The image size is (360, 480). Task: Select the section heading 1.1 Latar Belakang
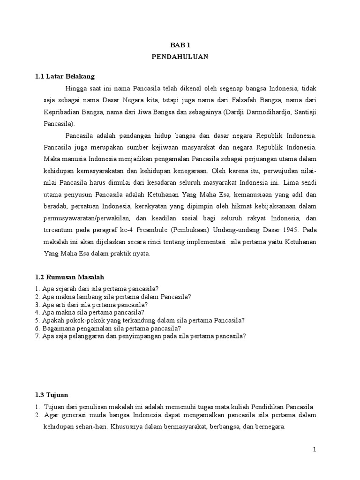pyautogui.click(x=65, y=76)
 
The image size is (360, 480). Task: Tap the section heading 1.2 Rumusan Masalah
pyautogui.click(x=69, y=277)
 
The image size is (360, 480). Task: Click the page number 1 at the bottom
pyautogui.click(x=315, y=450)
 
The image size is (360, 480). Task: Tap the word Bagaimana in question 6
pyautogui.click(x=58, y=328)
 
